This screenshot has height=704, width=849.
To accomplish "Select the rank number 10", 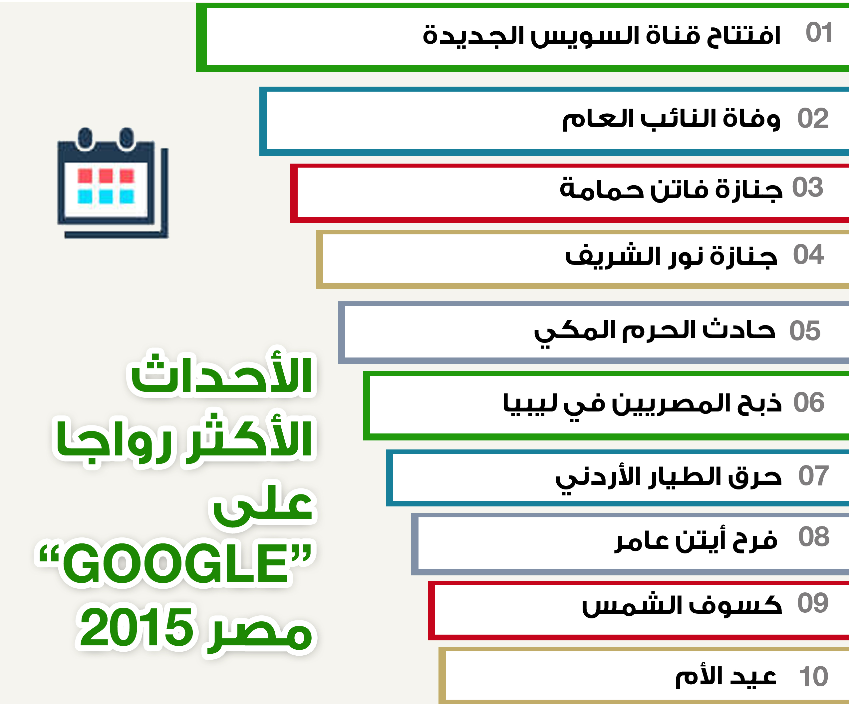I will [813, 676].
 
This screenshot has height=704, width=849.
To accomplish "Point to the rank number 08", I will [814, 536].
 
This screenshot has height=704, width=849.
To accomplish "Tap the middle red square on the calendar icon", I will [106, 176].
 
